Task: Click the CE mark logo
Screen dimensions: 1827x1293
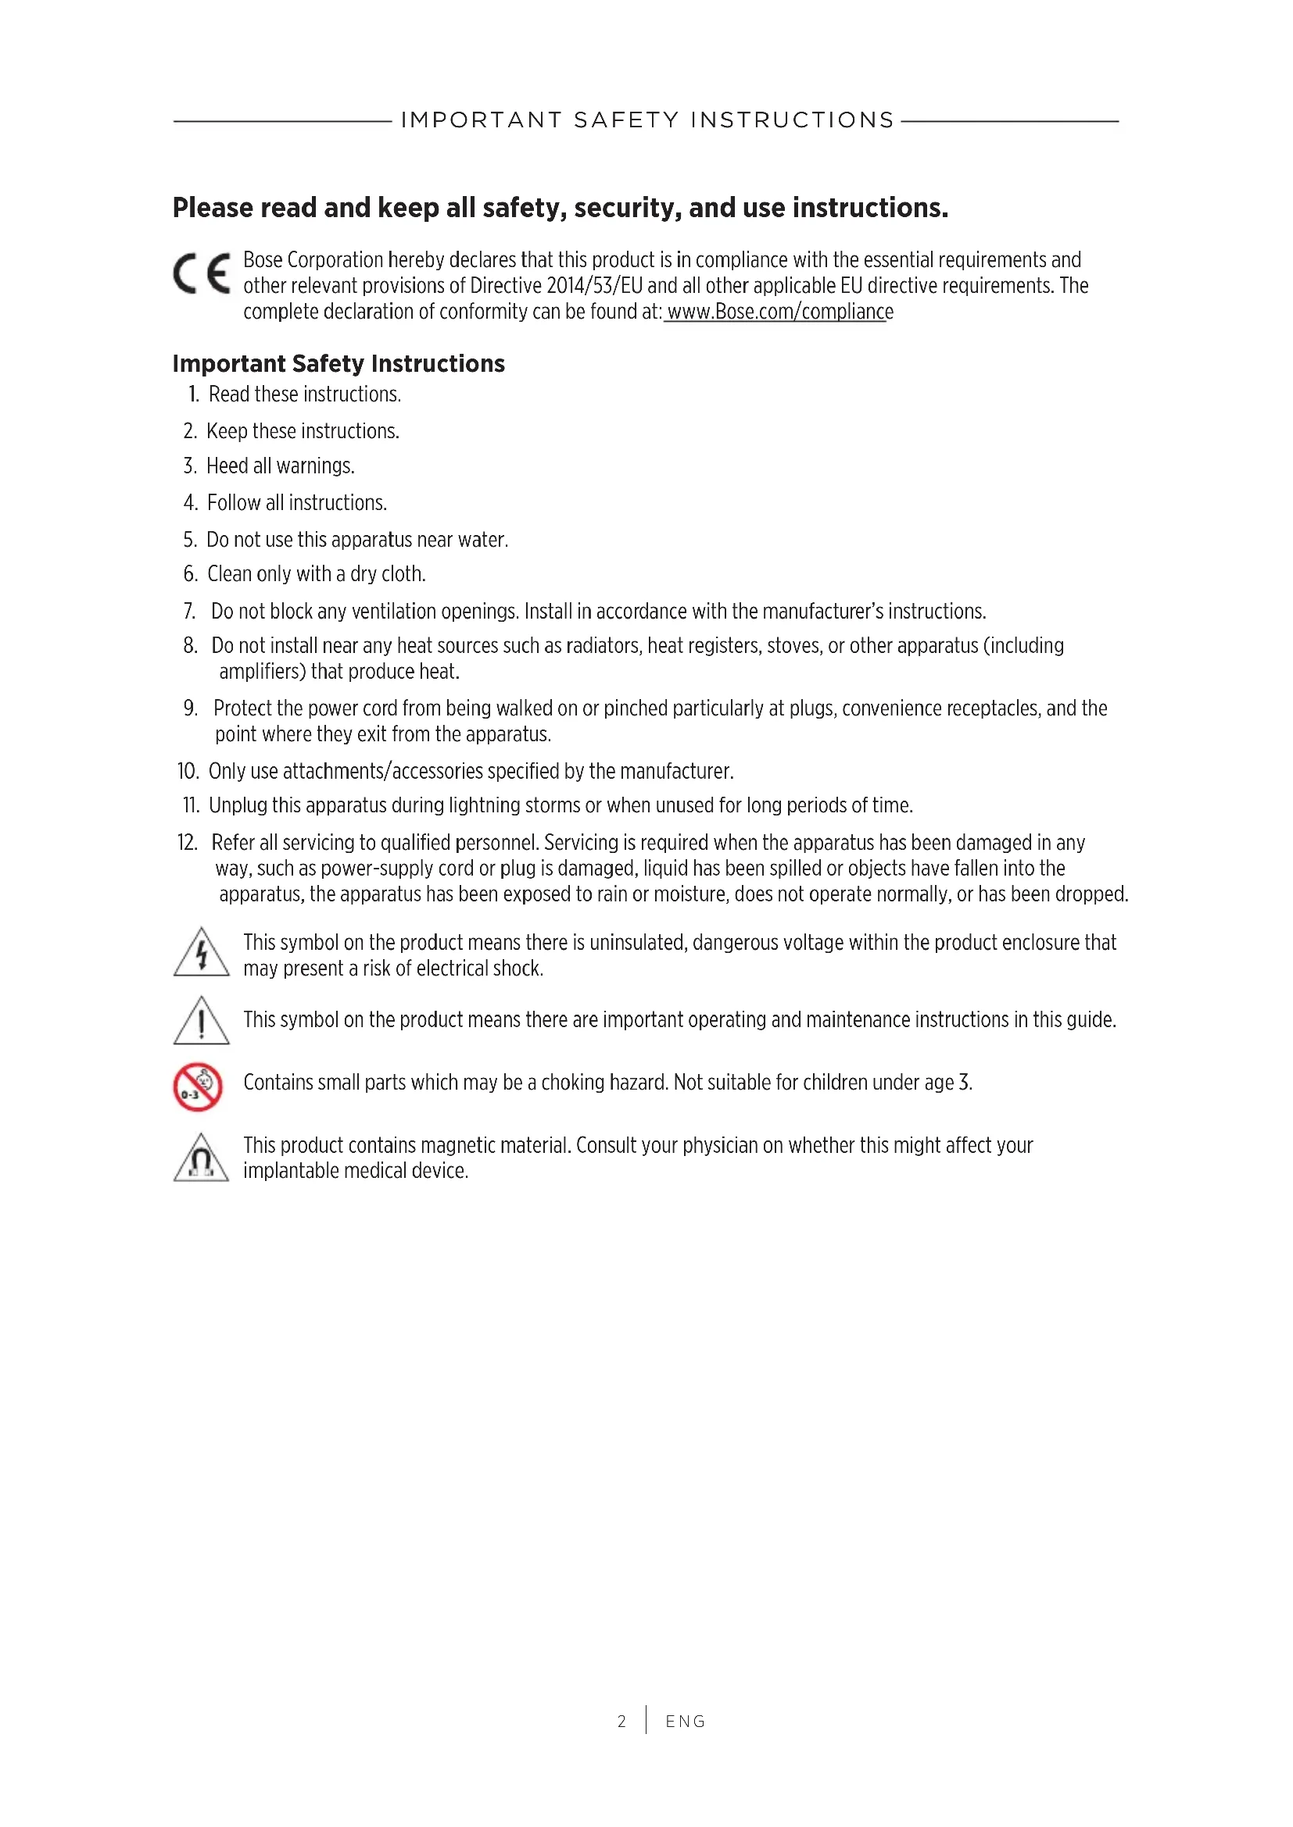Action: click(202, 273)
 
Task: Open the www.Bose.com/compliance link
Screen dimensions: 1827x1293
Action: click(779, 312)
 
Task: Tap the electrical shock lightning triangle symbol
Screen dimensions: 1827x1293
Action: click(202, 953)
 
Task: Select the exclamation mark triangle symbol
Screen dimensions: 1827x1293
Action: click(202, 1021)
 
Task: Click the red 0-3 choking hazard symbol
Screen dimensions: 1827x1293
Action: click(198, 1087)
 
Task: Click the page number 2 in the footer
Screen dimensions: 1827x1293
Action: click(621, 1722)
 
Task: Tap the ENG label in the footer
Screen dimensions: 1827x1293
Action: click(686, 1722)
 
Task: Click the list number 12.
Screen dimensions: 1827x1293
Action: click(187, 843)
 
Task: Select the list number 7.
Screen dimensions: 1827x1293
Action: click(189, 612)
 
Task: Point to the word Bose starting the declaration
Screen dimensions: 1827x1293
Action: click(263, 260)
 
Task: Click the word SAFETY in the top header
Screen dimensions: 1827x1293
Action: click(626, 120)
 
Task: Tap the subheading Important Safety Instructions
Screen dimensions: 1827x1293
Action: click(338, 364)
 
